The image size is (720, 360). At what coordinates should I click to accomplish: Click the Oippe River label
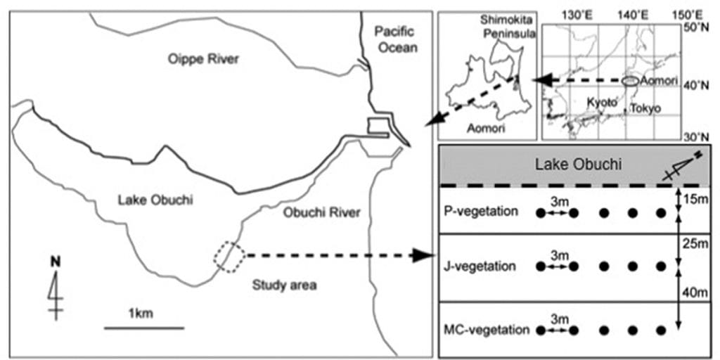pyautogui.click(x=204, y=59)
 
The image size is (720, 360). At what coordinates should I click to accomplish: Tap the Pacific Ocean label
pyautogui.click(x=395, y=39)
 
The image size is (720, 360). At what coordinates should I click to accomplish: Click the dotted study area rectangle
pyautogui.click(x=229, y=257)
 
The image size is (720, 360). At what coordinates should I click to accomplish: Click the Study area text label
pyautogui.click(x=284, y=285)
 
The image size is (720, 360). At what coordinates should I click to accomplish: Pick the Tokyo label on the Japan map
pyautogui.click(x=645, y=108)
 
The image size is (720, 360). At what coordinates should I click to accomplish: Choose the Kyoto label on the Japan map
pyautogui.click(x=602, y=103)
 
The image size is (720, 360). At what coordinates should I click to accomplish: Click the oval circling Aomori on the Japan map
pyautogui.click(x=631, y=82)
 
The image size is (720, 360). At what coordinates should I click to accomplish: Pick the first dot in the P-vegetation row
pyautogui.click(x=541, y=213)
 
